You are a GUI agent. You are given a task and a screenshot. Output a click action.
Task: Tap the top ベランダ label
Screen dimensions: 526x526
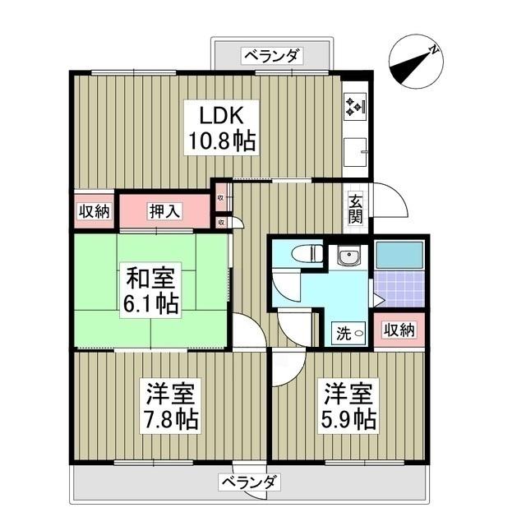pyautogui.click(x=272, y=56)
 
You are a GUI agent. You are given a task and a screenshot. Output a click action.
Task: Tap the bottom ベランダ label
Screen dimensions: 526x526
pyautogui.click(x=251, y=482)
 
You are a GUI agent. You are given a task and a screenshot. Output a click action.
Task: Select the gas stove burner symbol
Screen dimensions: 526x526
pyautogui.click(x=354, y=104)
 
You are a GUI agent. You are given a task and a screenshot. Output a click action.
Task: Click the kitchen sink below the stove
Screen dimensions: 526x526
pyautogui.click(x=355, y=151)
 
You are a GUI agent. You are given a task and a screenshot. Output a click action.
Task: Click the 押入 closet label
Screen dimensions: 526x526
pyautogui.click(x=165, y=211)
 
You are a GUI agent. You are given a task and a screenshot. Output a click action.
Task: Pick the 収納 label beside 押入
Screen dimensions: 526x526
pyautogui.click(x=94, y=211)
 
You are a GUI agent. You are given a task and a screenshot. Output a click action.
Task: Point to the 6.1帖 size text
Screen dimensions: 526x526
pyautogui.click(x=150, y=304)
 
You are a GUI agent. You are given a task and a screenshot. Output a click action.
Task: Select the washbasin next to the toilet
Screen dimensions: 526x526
pyautogui.click(x=349, y=257)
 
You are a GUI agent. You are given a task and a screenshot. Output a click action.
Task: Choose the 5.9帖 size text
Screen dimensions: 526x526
pyautogui.click(x=349, y=419)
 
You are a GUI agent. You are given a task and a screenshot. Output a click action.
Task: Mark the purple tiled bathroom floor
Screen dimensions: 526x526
pyautogui.click(x=399, y=288)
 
